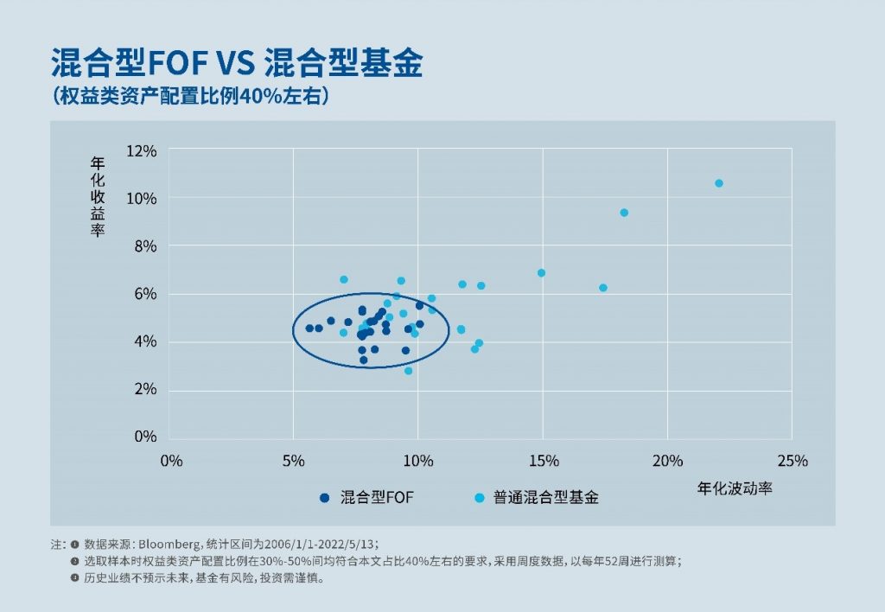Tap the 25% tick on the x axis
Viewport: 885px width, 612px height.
(x=792, y=461)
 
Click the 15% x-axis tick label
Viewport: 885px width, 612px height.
(x=543, y=461)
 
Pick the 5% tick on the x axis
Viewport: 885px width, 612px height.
(x=294, y=461)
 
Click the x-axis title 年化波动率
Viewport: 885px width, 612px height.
(x=735, y=488)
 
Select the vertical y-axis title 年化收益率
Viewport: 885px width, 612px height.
(x=97, y=196)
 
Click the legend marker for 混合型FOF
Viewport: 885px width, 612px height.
(x=325, y=497)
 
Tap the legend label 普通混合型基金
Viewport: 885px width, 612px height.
(x=545, y=497)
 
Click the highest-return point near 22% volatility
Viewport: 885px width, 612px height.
(x=719, y=183)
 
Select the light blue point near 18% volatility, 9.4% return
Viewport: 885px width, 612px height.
(x=624, y=213)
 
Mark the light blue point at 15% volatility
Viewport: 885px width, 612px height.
(x=542, y=273)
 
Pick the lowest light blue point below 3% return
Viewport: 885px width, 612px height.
(x=409, y=371)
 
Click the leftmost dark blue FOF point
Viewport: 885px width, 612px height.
(x=309, y=328)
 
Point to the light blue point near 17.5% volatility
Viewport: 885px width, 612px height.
(x=603, y=288)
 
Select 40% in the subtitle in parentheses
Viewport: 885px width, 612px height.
(x=256, y=96)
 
